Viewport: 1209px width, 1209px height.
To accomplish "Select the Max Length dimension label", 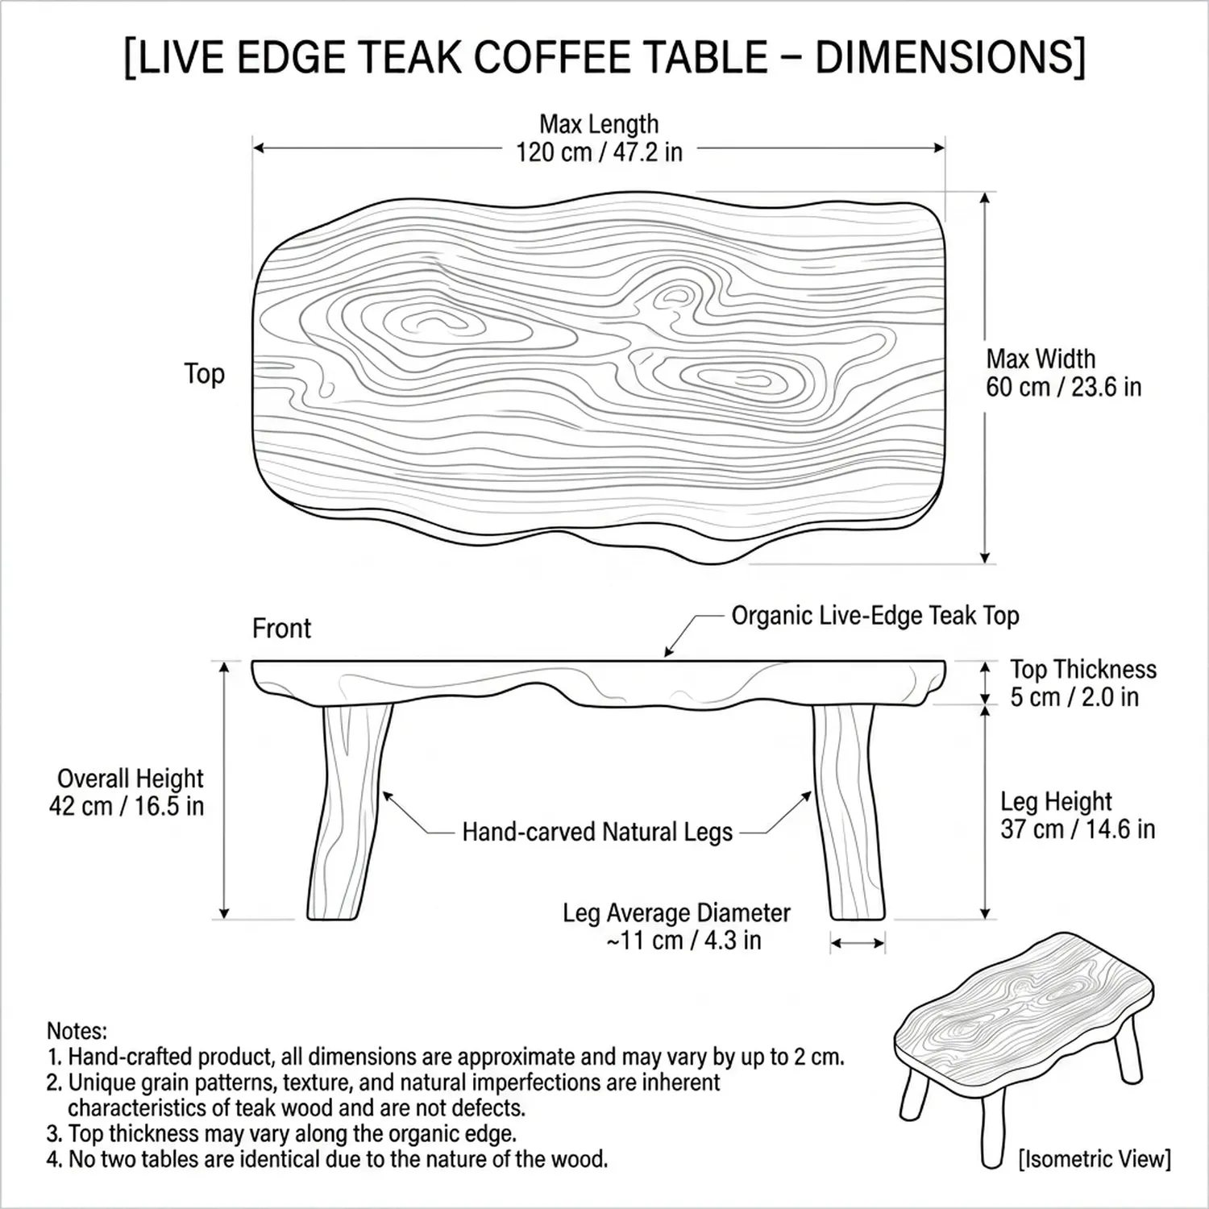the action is [599, 138].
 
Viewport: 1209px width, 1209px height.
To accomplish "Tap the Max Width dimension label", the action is [1063, 372].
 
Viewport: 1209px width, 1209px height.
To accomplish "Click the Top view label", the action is [204, 374].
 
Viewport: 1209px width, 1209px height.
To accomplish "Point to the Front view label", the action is [281, 628].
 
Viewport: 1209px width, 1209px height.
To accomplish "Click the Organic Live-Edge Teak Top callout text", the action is [875, 616].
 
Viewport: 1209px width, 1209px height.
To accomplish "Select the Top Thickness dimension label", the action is [1083, 683].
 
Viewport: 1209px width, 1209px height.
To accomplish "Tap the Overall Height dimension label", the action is [127, 792].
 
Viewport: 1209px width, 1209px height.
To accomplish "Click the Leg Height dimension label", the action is [1078, 815].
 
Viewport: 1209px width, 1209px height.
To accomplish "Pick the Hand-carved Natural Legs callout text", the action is [597, 832].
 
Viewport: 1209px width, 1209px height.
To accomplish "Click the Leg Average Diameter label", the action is [677, 926].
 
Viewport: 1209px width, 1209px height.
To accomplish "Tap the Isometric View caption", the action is [1095, 1159].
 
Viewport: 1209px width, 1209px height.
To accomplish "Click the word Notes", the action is [77, 1031].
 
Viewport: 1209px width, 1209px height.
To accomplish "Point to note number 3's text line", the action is [281, 1133].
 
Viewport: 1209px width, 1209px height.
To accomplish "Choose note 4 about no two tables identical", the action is [327, 1160].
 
